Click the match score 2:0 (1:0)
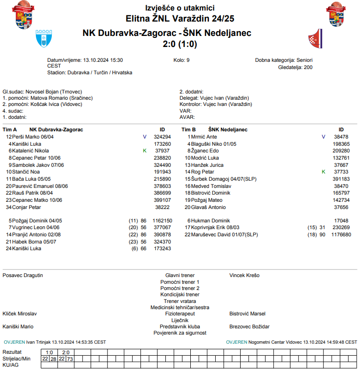pos(179,44)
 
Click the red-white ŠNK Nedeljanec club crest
pos(314,38)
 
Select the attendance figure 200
pos(308,68)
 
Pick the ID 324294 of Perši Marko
pos(163,137)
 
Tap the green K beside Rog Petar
pos(324,172)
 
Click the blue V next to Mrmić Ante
pos(323,137)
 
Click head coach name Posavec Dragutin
pos(23,275)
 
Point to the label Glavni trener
pos(180,276)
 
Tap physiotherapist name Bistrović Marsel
pos(247,313)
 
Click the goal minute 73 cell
pos(70,359)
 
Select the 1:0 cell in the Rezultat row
pos(49,352)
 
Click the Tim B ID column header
pos(341,129)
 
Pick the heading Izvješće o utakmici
pos(180,8)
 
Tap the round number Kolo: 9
pos(182,60)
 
